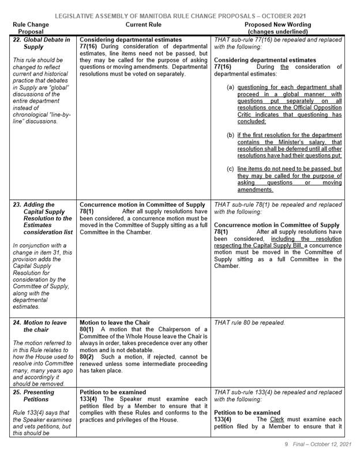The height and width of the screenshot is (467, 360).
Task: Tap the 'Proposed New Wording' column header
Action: click(278, 28)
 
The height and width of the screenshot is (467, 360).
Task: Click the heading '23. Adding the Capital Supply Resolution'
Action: click(43, 220)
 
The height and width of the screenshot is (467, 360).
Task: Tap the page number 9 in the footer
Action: click(286, 460)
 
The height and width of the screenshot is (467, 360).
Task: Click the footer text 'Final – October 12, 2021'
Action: click(320, 460)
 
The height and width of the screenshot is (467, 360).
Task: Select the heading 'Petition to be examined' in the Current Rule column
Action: click(112, 392)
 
